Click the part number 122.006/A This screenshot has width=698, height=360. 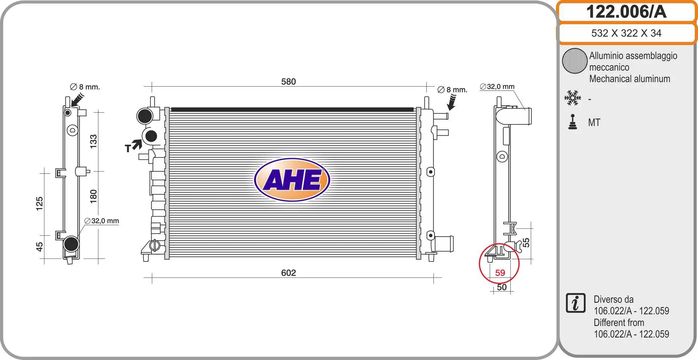pyautogui.click(x=626, y=12)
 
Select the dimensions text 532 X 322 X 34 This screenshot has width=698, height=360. pyautogui.click(x=626, y=33)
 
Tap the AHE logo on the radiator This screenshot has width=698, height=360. pyautogui.click(x=292, y=180)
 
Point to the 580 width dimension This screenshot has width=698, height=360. pyautogui.click(x=288, y=81)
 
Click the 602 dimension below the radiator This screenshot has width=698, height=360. pyautogui.click(x=288, y=273)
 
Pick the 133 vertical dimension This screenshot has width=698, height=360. pyautogui.click(x=93, y=141)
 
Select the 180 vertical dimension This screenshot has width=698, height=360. pyautogui.click(x=93, y=196)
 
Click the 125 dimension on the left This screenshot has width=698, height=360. pyautogui.click(x=39, y=204)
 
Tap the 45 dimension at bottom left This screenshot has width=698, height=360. pyautogui.click(x=39, y=247)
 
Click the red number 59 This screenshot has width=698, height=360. pyautogui.click(x=500, y=273)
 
